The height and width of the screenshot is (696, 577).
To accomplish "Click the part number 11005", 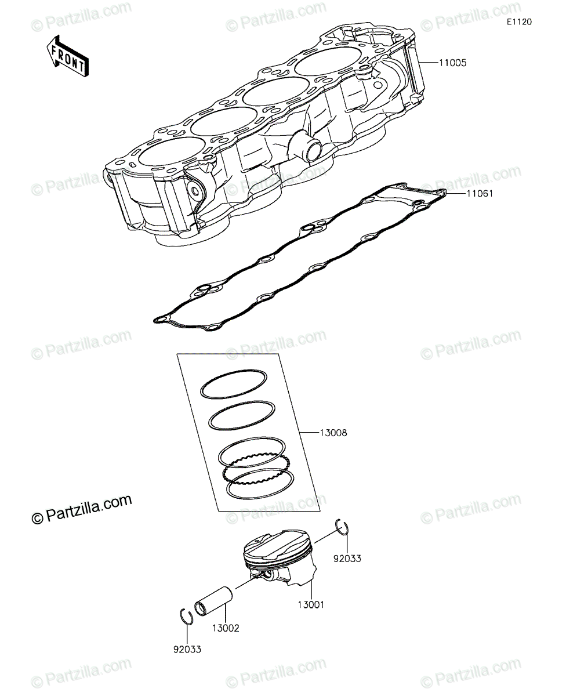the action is coord(452,63).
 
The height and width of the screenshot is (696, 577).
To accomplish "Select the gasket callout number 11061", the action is coord(480,193).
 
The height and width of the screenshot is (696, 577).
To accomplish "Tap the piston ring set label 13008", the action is coord(333,433).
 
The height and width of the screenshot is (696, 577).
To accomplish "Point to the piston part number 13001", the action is coord(311,605).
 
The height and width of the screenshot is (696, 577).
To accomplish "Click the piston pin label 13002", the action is coord(226,628).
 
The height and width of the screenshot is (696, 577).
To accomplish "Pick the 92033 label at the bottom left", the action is coord(187,650).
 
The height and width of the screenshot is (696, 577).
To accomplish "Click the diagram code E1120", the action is coord(520,22).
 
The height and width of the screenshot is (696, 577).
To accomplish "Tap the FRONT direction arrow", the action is coord(68,56).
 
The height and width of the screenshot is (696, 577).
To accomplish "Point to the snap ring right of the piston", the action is coord(342,527).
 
